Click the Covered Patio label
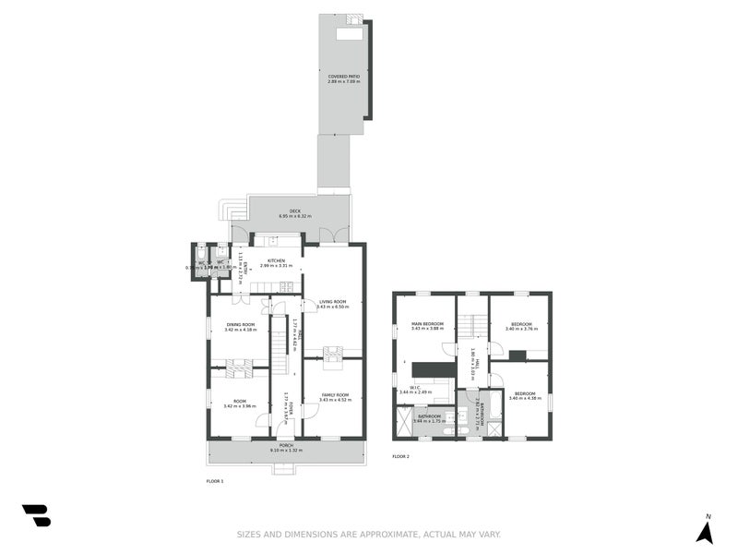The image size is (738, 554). [343, 77]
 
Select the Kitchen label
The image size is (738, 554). [276, 260]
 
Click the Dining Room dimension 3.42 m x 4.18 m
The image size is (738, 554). [240, 329]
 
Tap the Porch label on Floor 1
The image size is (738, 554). [287, 445]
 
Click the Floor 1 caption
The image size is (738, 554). [215, 481]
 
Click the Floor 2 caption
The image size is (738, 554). [400, 457]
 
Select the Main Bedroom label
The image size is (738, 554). [427, 323]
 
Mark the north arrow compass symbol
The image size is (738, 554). [705, 531]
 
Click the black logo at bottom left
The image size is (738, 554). [36, 515]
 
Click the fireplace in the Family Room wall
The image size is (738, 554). [332, 351]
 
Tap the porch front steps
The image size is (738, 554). [285, 469]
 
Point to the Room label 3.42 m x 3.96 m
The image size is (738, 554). [240, 401]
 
